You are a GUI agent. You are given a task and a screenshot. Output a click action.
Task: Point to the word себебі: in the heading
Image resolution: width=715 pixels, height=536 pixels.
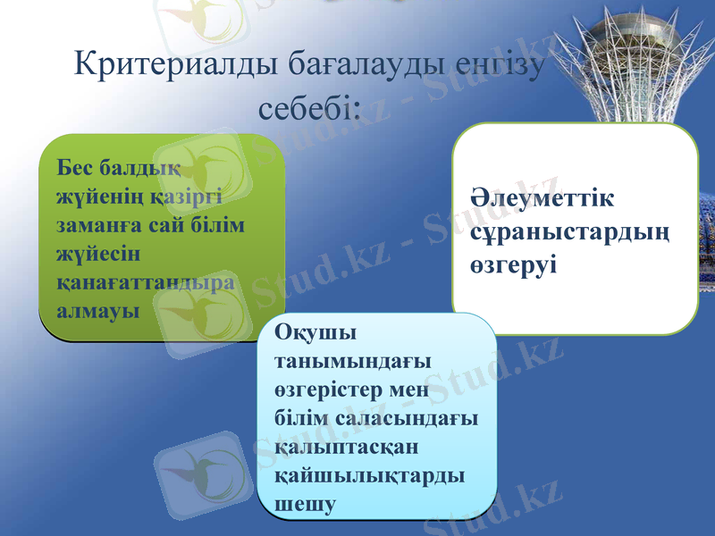[309, 108]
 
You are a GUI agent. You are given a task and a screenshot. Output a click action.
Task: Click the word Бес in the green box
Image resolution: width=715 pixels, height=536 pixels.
[74, 167]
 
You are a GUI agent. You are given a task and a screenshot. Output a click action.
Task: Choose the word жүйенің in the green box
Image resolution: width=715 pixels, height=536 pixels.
[95, 196]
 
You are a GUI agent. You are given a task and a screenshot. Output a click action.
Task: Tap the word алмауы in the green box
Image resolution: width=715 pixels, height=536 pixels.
[97, 310]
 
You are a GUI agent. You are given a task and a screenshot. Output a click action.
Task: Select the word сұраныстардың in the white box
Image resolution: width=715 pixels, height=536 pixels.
[570, 232]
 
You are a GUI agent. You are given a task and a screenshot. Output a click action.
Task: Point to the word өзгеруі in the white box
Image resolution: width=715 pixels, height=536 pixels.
[513, 265]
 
